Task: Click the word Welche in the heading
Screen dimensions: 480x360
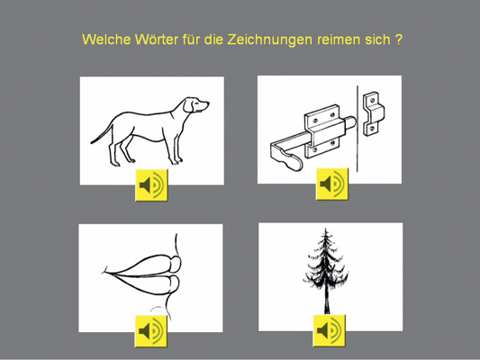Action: pos(106,40)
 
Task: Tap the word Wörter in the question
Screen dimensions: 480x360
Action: pos(157,40)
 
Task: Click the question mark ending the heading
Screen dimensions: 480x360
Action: pos(398,40)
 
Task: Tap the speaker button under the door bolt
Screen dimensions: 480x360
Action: pos(332,184)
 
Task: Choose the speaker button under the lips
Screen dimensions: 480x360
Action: pos(151,331)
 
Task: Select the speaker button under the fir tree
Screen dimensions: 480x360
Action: pos(329,330)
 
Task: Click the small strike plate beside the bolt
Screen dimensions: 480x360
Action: pos(373,113)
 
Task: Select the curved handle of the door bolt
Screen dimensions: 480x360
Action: pos(285,156)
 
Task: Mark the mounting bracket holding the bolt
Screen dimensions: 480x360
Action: pos(323,130)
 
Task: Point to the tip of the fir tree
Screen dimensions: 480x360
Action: pos(325,229)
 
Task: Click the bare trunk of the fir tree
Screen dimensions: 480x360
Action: pos(327,301)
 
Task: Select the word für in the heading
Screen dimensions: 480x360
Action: pos(191,40)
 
